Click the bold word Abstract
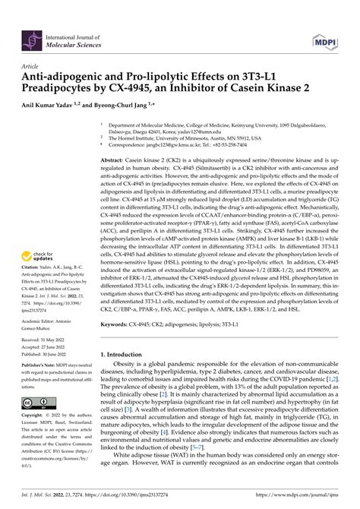(115, 161)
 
